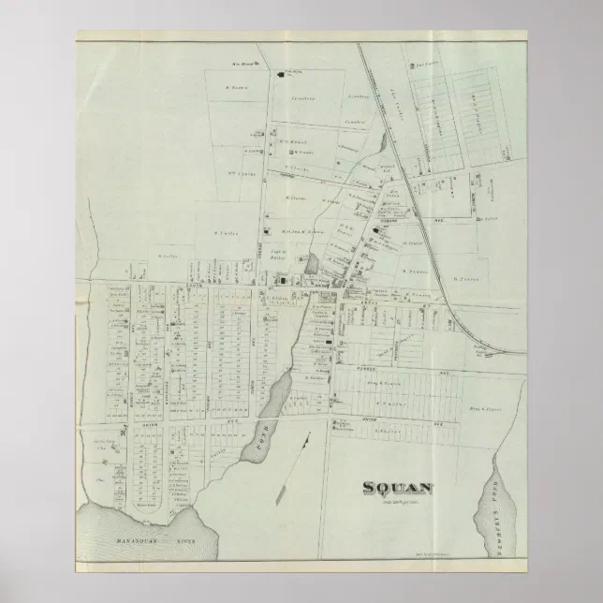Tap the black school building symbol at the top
(x=284, y=70)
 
